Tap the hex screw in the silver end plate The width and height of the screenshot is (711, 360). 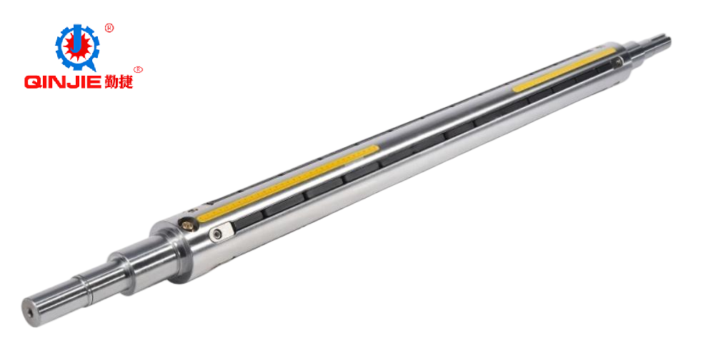(217, 234)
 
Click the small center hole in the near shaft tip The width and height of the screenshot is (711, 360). (30, 312)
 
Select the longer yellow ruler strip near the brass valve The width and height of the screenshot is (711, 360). (289, 183)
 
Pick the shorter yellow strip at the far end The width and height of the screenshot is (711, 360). (565, 69)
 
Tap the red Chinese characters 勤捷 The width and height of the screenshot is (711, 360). (119, 81)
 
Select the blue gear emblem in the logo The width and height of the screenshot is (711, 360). (78, 47)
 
